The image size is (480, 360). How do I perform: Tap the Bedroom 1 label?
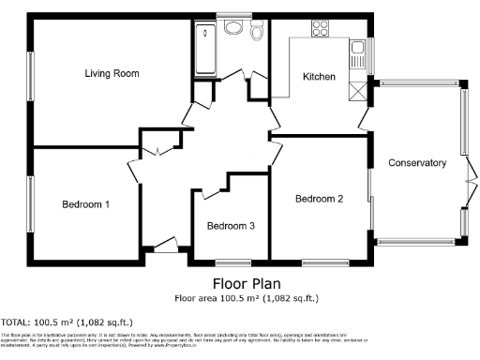click(85, 204)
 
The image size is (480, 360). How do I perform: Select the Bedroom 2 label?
click(319, 199)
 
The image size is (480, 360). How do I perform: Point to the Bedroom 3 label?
click(231, 226)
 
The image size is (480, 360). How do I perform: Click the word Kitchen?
click(318, 77)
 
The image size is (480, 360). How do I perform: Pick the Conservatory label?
click(417, 163)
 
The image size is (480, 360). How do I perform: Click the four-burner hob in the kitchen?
click(319, 27)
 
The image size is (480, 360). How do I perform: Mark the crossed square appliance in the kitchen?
click(356, 91)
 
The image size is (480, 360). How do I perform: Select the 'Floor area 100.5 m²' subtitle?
click(247, 299)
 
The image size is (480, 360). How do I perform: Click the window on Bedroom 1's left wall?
click(29, 204)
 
